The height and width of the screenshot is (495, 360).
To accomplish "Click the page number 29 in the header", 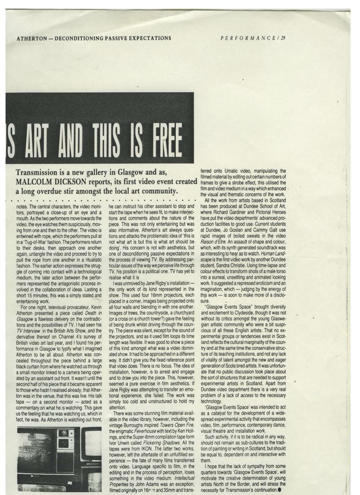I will click(x=282, y=38).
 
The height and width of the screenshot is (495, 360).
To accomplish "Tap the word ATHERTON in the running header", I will click(x=32, y=38).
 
